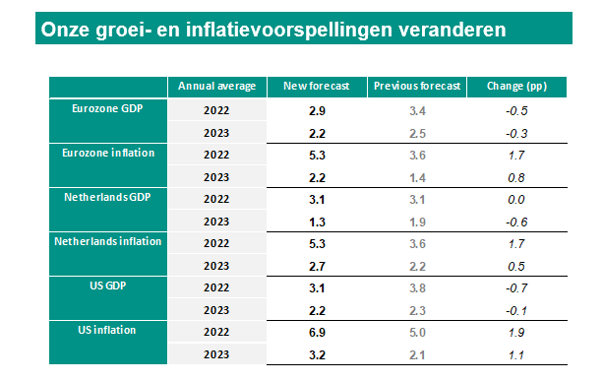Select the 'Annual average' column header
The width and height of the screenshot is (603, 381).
point(216,87)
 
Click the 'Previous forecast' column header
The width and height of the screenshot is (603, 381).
point(417,87)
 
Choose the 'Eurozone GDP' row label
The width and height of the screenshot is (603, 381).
point(108,108)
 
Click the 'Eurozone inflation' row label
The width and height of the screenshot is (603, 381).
point(108,153)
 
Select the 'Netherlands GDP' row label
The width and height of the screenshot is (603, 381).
point(108,197)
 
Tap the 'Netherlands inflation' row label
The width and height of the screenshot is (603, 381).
point(108,241)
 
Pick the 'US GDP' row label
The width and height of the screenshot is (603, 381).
point(108,286)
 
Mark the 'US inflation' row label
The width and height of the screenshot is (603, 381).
point(108,330)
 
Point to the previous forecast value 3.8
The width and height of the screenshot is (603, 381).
point(417,287)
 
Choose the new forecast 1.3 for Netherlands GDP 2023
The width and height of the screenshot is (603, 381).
point(316,222)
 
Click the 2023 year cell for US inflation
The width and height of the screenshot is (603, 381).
point(216,354)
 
